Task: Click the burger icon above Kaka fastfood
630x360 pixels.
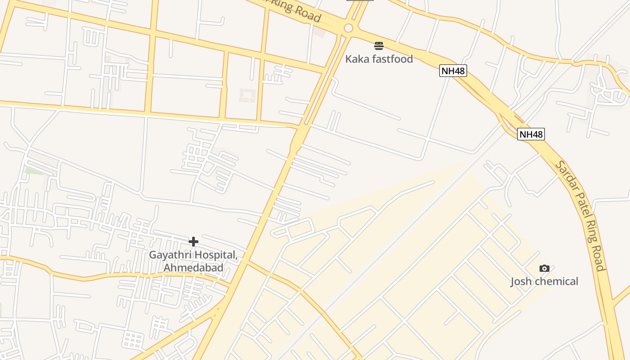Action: [x=379, y=45]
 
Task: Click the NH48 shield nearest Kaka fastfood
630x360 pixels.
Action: [x=453, y=71]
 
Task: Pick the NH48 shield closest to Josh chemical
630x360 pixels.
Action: [x=531, y=134]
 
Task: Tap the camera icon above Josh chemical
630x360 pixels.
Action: [x=544, y=269]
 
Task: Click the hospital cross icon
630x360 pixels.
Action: [x=193, y=242]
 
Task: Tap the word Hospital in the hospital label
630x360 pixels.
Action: [x=216, y=255]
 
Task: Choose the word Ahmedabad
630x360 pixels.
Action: [x=193, y=268]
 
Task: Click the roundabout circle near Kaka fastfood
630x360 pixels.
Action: [x=348, y=28]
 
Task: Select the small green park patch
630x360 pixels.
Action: [x=33, y=171]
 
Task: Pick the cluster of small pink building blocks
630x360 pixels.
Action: [x=247, y=95]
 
